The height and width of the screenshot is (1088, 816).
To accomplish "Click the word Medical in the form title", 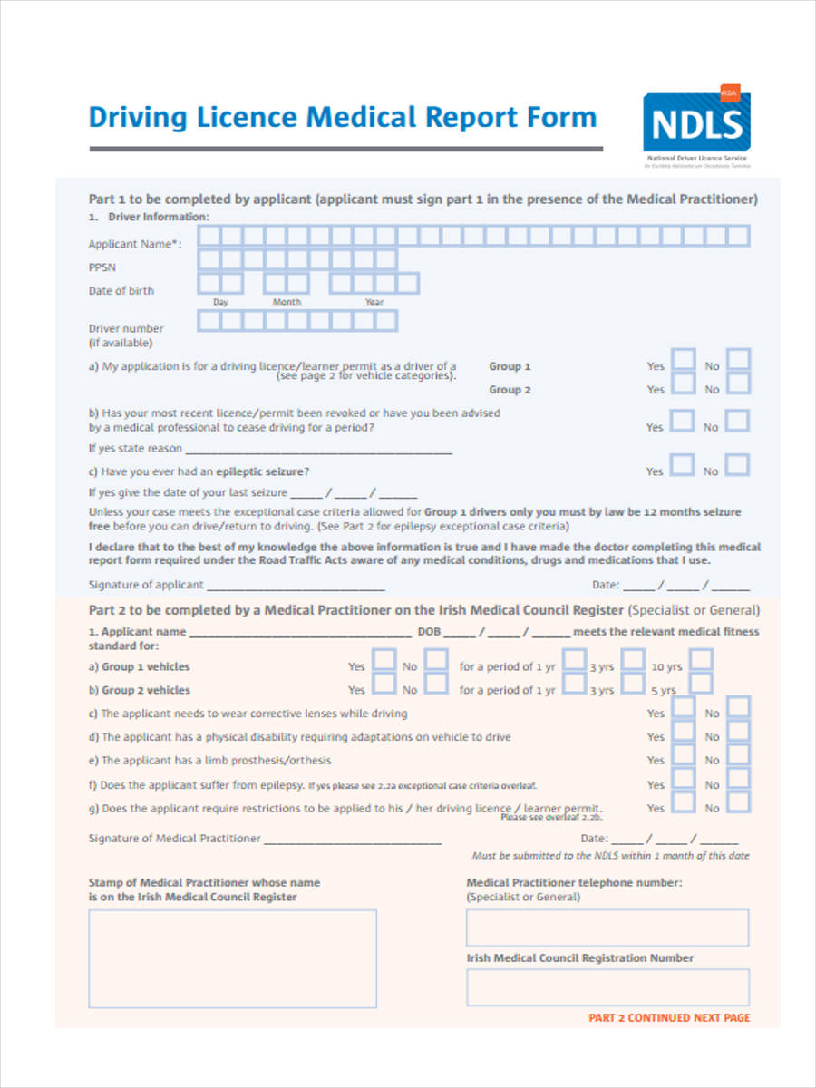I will pyautogui.click(x=362, y=118).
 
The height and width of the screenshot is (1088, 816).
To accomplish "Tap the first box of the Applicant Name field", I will pyautogui.click(x=209, y=237).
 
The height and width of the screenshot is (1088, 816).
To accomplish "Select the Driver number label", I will pyautogui.click(x=126, y=328).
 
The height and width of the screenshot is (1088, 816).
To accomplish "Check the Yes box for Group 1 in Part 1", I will pyautogui.click(x=683, y=360).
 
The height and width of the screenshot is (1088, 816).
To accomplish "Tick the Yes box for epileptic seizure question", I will pyautogui.click(x=683, y=465).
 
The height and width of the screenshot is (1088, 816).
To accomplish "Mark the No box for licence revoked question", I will pyautogui.click(x=739, y=421).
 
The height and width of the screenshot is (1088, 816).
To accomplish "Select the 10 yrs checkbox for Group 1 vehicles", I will pyautogui.click(x=701, y=660).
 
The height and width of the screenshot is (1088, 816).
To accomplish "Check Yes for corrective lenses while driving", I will pyautogui.click(x=683, y=707).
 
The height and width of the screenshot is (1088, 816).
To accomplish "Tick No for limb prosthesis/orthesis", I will pyautogui.click(x=739, y=754).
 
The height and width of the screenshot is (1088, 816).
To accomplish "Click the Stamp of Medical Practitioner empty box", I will pyautogui.click(x=232, y=958).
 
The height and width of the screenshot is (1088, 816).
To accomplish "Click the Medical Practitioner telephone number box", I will pyautogui.click(x=607, y=928).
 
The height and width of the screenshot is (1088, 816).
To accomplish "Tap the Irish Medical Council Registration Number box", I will pyautogui.click(x=607, y=987).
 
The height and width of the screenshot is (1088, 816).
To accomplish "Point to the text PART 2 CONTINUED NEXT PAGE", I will pyautogui.click(x=669, y=1018).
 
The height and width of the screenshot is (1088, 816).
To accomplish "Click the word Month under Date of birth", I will pyautogui.click(x=287, y=302).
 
